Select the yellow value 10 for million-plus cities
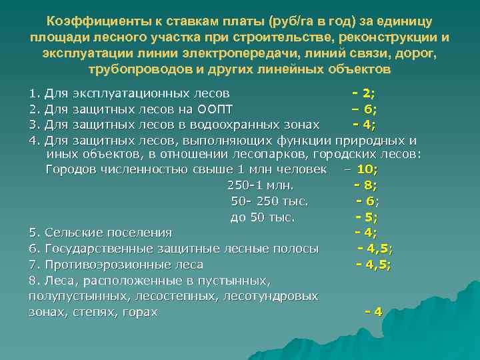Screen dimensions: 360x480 click(367, 170)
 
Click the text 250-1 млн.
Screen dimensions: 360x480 click(261, 185)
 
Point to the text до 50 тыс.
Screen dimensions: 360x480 click(263, 217)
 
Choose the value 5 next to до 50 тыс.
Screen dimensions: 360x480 click(371, 217)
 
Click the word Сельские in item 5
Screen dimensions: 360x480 click(72, 233)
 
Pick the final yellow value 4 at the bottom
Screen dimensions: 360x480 click(378, 311)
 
